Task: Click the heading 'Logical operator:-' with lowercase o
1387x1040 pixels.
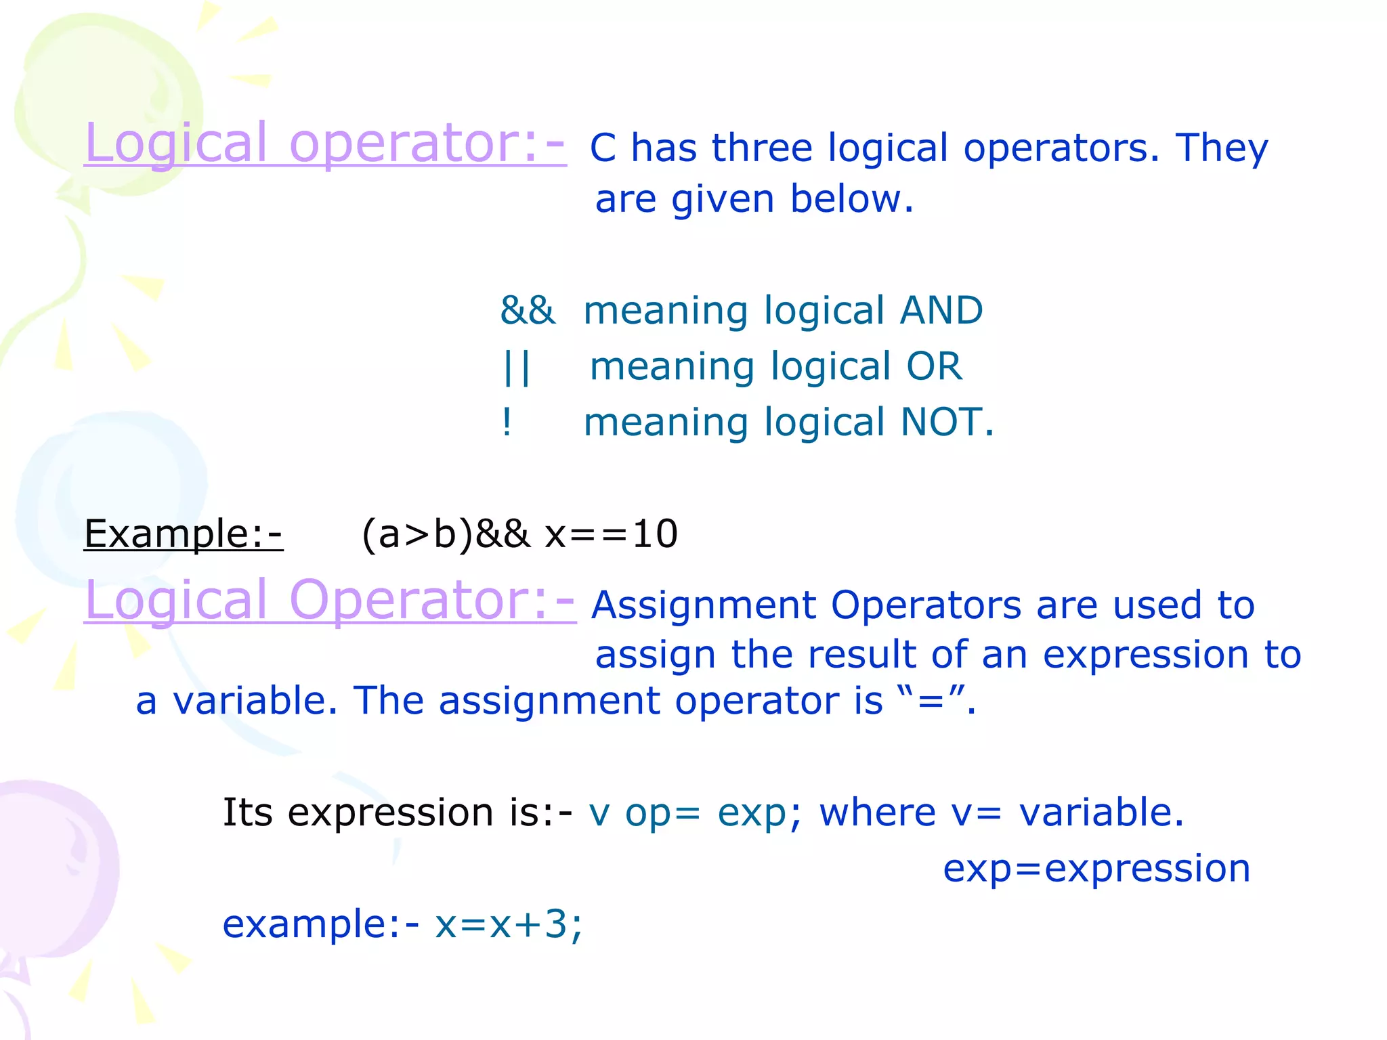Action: pos(325,144)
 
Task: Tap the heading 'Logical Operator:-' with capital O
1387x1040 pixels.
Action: pos(330,601)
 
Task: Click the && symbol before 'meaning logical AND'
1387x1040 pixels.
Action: pos(527,311)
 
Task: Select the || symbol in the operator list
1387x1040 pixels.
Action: pos(517,368)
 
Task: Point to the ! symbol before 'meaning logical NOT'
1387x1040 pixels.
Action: pos(507,423)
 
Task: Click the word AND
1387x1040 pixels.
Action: pos(941,311)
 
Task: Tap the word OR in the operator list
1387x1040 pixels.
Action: pos(934,367)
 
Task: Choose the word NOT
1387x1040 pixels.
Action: pos(941,422)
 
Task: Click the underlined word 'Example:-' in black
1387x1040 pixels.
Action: pos(183,534)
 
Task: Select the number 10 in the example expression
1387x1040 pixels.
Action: pos(654,534)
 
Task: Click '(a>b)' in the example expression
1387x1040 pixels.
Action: pos(417,534)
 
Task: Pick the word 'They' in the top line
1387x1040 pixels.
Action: pos(1221,148)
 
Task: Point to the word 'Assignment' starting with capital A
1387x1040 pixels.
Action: pos(704,605)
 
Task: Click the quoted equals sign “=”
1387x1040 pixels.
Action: pos(930,700)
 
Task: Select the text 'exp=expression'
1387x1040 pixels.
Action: pos(1096,869)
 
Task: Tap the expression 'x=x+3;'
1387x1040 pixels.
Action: pos(508,925)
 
